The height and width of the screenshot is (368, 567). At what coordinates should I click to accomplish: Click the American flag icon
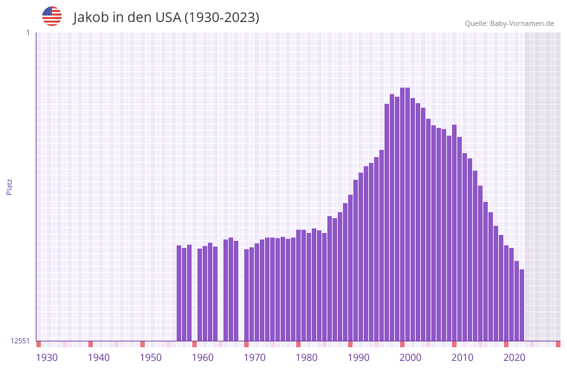(52, 16)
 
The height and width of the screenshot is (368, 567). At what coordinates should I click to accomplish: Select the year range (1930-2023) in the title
(221, 18)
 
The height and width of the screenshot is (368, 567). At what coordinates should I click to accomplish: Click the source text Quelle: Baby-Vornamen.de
(509, 23)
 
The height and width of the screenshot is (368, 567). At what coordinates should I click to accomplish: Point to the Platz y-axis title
(9, 186)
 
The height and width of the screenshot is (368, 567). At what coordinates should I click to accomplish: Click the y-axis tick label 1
(27, 32)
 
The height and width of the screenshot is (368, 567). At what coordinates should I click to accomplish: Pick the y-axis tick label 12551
(20, 341)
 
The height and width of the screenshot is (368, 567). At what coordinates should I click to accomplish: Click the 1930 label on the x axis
(47, 358)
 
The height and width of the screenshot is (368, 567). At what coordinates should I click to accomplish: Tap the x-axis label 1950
(151, 358)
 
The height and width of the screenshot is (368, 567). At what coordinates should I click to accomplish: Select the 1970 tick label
(255, 358)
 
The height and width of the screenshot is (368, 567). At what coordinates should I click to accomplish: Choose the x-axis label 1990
(359, 358)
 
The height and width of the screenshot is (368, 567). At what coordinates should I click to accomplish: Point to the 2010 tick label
(462, 358)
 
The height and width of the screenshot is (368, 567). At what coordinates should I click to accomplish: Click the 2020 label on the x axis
(514, 358)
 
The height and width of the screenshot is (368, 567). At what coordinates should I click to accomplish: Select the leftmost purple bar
(179, 293)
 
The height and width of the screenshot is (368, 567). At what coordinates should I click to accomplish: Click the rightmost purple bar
(522, 305)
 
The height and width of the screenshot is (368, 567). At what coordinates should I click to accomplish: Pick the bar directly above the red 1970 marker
(246, 295)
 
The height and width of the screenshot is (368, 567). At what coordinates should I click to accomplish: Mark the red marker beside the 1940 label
(90, 344)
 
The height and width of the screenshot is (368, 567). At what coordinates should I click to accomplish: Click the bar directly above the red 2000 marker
(402, 214)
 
